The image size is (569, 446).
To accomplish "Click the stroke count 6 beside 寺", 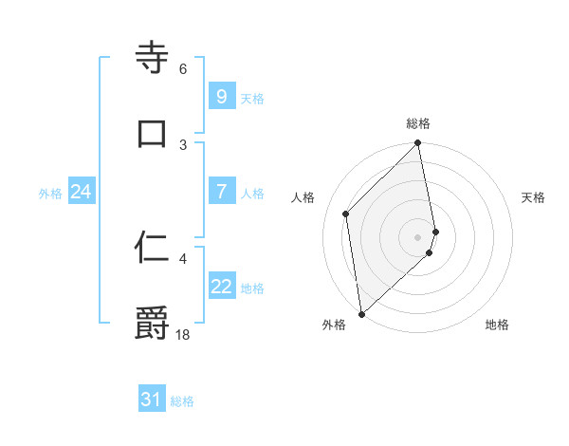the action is click(x=183, y=69).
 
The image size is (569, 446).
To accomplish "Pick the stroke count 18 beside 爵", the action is click(x=183, y=333).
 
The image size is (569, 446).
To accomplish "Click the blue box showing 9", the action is click(x=221, y=96).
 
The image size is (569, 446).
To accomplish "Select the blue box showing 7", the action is click(x=221, y=192).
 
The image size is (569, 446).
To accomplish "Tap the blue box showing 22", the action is click(x=221, y=287).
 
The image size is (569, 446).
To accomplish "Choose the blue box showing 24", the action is click(x=81, y=192).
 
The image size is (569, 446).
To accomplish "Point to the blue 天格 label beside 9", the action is click(x=252, y=98).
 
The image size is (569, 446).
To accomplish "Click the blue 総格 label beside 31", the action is click(x=182, y=401).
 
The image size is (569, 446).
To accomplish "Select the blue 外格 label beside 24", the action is click(x=50, y=194).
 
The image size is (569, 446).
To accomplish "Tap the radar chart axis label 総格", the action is click(x=418, y=123).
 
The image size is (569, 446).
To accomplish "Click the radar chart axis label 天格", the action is click(x=534, y=197).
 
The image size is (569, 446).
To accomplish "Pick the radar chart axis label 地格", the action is click(x=497, y=325).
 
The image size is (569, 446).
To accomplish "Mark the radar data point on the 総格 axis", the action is click(x=418, y=144).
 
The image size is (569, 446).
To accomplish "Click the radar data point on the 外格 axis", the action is click(x=361, y=313).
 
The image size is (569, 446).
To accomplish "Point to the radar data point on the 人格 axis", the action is click(x=346, y=214).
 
